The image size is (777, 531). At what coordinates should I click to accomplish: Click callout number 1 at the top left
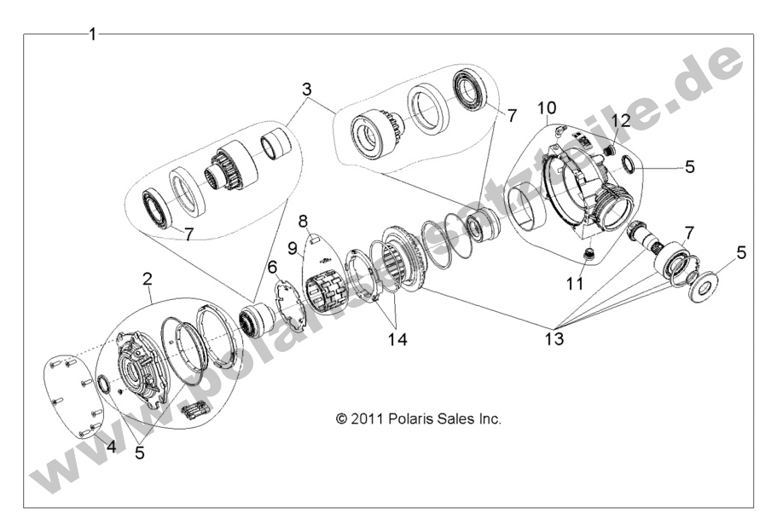[92, 34]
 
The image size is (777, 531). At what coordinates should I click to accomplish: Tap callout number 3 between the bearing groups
[306, 89]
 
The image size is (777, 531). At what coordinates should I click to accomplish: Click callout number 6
[272, 267]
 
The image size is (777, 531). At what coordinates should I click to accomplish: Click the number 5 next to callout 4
[140, 453]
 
